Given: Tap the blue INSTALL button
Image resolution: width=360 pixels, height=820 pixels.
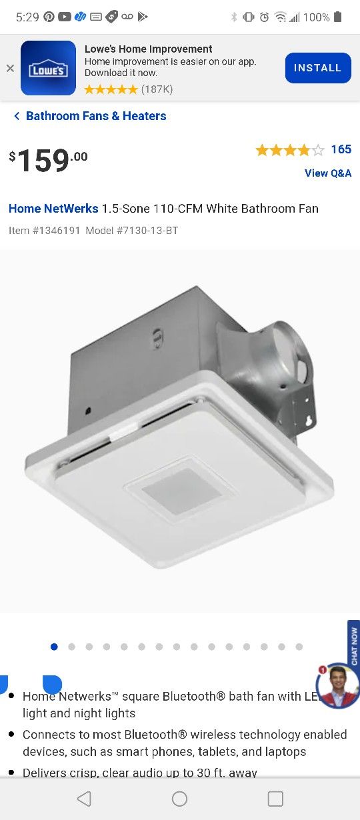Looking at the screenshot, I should (318, 68).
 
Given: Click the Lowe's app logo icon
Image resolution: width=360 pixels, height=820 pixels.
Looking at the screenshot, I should (48, 68).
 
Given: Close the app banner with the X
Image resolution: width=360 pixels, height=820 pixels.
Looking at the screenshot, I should (10, 68).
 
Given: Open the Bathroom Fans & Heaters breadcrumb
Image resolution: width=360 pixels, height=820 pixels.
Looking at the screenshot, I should (95, 116).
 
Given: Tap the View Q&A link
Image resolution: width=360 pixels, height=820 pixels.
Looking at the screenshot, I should (327, 173).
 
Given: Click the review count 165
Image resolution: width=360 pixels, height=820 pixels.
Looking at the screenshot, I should (341, 149).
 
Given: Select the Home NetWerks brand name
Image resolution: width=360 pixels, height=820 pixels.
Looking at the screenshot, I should (53, 209).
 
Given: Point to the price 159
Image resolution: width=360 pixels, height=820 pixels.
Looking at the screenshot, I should (44, 160).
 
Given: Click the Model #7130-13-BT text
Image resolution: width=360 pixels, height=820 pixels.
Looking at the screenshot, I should (132, 231).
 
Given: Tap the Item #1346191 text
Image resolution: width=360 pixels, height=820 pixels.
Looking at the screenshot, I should (45, 231).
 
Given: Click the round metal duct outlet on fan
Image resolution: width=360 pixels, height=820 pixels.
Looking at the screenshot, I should (287, 357).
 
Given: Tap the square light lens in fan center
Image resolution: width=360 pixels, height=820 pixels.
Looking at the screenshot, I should (182, 491).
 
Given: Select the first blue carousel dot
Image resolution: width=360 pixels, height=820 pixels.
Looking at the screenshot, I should (54, 647).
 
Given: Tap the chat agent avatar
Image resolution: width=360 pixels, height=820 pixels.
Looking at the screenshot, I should (338, 685).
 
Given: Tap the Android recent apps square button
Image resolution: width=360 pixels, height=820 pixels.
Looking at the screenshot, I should (275, 799).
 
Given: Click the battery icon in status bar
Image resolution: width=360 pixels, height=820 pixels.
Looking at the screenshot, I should (338, 17).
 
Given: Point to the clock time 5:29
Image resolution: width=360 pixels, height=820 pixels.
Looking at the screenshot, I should (27, 17).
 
